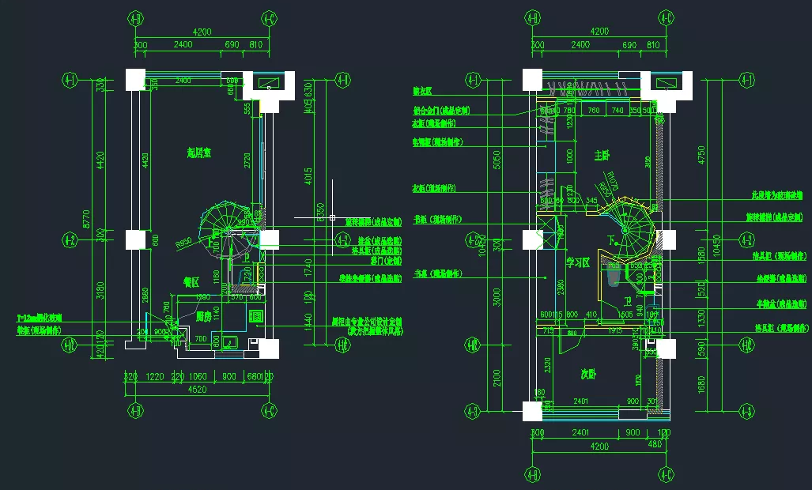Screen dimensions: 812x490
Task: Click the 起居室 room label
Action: click(198, 153)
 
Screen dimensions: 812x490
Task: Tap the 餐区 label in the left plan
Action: click(191, 281)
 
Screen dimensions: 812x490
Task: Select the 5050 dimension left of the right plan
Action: click(497, 161)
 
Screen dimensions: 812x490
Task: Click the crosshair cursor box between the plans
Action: click(332, 217)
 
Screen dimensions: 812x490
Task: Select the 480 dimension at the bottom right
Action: click(655, 444)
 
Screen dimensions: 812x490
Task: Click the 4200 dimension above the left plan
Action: click(202, 32)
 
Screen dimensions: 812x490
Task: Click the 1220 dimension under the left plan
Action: click(156, 377)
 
